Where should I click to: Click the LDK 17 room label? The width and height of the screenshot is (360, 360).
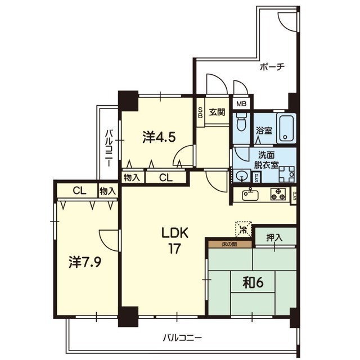(175, 240)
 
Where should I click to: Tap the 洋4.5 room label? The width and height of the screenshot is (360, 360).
(159, 137)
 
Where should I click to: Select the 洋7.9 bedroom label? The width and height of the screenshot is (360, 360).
(85, 262)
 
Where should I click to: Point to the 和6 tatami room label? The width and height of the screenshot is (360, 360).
(253, 282)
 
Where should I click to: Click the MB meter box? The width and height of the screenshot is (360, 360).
(241, 104)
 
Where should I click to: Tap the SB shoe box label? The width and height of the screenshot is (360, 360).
(200, 112)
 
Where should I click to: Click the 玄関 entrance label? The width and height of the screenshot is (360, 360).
(217, 112)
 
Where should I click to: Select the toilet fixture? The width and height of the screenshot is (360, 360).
(241, 121)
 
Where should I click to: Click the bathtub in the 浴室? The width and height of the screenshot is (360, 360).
(286, 129)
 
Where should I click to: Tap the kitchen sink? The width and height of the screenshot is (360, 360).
(250, 195)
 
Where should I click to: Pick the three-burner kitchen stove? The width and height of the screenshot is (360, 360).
(278, 194)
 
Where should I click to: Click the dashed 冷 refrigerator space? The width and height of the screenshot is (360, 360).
(244, 229)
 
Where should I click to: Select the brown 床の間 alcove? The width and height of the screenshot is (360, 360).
(230, 244)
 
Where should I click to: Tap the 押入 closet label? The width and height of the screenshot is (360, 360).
(274, 238)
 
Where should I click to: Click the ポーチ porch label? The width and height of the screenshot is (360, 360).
(272, 67)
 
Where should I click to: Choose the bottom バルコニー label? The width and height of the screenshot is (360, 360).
(183, 338)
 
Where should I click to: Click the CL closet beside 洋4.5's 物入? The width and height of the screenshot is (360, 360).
(166, 178)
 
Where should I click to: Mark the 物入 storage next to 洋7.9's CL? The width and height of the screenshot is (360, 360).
(107, 191)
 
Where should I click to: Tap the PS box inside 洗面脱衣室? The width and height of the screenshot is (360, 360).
(256, 178)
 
